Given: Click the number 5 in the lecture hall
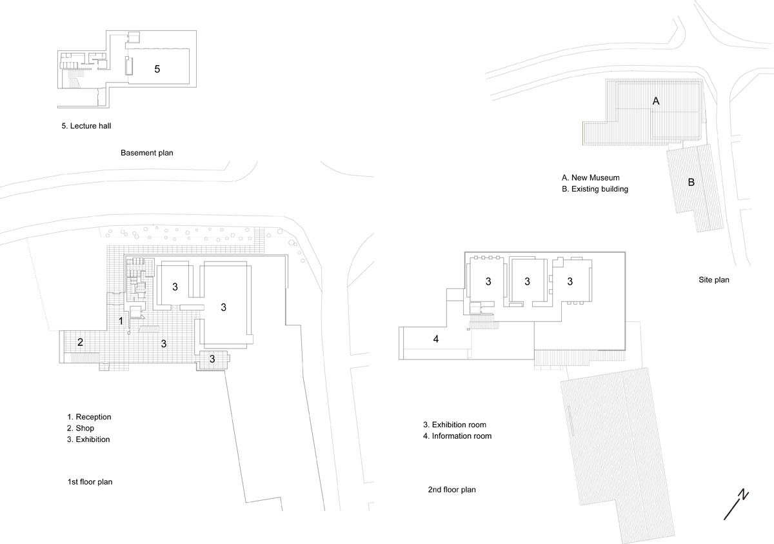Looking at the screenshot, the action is click(x=157, y=69).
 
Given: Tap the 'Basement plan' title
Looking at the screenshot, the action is click(x=147, y=153).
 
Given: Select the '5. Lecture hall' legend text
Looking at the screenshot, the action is click(x=86, y=126).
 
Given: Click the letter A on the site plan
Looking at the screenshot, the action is click(x=656, y=101).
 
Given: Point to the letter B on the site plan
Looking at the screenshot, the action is click(x=691, y=182).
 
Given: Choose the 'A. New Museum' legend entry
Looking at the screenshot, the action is click(x=591, y=177).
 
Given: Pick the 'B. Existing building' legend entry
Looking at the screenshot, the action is click(x=595, y=189).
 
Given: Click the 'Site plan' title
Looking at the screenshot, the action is click(x=714, y=280).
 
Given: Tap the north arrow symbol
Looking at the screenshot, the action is click(x=736, y=505).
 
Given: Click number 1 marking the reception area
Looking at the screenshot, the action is click(x=121, y=321).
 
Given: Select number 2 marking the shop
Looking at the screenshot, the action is click(x=80, y=342).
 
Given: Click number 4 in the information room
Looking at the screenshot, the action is click(x=436, y=339).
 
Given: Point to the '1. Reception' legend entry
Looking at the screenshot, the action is click(x=89, y=417).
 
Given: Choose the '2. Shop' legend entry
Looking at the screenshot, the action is click(x=81, y=428).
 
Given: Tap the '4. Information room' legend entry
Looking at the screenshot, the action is click(x=457, y=436).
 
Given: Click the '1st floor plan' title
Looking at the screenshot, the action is click(x=90, y=482).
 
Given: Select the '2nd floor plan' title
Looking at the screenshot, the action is click(x=452, y=490).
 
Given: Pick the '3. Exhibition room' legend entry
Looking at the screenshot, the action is click(x=454, y=425).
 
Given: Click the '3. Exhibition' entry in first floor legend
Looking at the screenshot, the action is click(x=88, y=439).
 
